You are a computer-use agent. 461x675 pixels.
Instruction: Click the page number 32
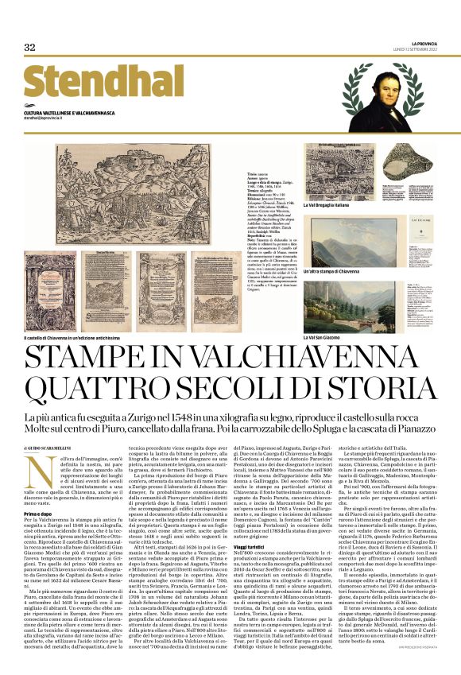click(x=29, y=47)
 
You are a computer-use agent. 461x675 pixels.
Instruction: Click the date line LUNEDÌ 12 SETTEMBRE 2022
click(x=414, y=48)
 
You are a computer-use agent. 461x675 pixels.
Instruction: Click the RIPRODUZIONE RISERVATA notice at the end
click(x=416, y=654)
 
